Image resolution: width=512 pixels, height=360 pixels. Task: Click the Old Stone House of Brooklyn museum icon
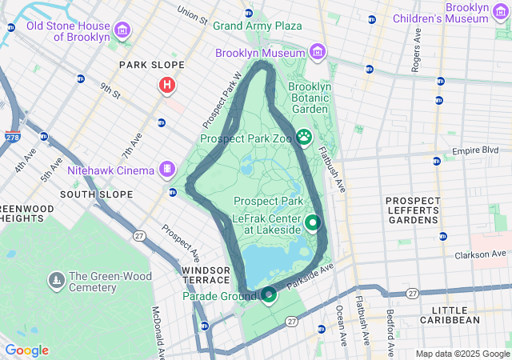click(x=122, y=31)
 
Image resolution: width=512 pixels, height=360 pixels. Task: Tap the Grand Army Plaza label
click(x=257, y=26)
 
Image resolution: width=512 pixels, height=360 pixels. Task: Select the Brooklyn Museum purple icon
click(x=318, y=53)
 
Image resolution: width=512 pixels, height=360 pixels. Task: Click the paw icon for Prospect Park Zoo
click(x=304, y=138)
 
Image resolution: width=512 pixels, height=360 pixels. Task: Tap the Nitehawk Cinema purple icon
click(x=166, y=169)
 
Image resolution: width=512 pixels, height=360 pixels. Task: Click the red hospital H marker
click(x=167, y=84)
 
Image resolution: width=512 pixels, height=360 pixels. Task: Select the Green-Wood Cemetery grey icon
click(x=56, y=280)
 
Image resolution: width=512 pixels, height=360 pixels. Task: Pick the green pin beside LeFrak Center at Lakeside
click(x=312, y=223)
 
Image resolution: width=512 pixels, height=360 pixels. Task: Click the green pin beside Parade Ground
click(x=269, y=296)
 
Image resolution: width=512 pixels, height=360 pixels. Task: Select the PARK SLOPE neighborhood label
click(x=151, y=65)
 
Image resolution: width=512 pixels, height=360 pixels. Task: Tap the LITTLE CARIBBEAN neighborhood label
click(x=466, y=314)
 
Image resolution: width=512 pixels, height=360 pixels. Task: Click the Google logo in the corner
click(x=26, y=350)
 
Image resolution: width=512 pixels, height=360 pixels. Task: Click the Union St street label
click(x=192, y=14)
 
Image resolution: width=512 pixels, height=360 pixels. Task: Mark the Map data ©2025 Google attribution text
click(x=462, y=354)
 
